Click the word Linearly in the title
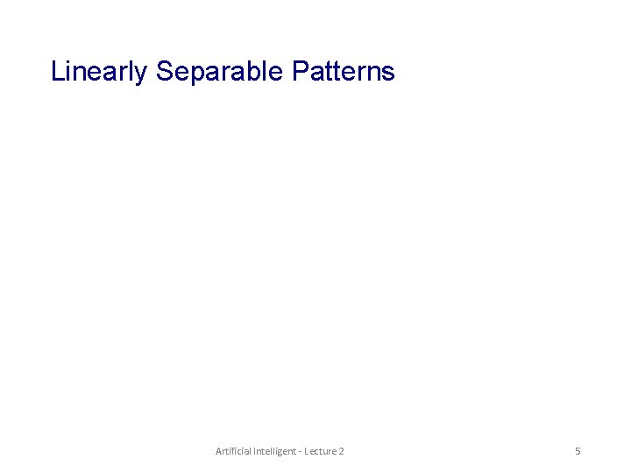pyautogui.click(x=99, y=71)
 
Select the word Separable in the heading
pyautogui.click(x=219, y=71)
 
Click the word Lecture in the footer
pyautogui.click(x=318, y=451)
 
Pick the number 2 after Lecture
pyautogui.click(x=341, y=451)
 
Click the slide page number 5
pyautogui.click(x=578, y=451)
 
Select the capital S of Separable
pyautogui.click(x=164, y=71)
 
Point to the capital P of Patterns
pyautogui.click(x=298, y=71)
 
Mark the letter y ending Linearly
pyautogui.click(x=142, y=74)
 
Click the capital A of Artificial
pyautogui.click(x=219, y=451)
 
